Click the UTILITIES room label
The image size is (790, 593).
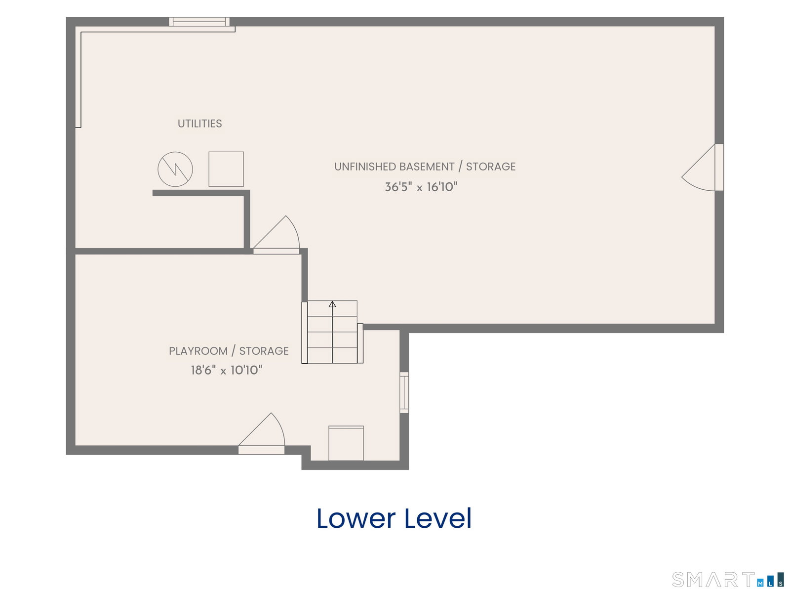click(200, 124)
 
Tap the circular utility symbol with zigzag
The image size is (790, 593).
click(175, 169)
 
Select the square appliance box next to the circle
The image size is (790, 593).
click(226, 169)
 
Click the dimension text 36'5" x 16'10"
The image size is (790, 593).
click(421, 187)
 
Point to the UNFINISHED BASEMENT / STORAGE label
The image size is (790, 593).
click(425, 167)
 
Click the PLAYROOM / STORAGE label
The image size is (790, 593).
click(229, 351)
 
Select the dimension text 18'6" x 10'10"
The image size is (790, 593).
click(226, 370)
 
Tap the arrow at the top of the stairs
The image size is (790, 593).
click(332, 304)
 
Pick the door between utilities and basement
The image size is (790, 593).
click(276, 235)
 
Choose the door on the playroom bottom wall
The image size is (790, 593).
click(262, 433)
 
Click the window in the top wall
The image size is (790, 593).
click(199, 22)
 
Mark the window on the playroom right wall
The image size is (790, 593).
click(404, 392)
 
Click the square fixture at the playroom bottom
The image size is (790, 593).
click(346, 443)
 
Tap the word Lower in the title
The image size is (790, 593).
click(356, 518)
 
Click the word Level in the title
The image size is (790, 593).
click(438, 518)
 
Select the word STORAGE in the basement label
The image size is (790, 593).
click(491, 167)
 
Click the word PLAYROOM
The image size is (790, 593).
click(198, 351)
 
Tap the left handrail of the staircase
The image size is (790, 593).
click(305, 333)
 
